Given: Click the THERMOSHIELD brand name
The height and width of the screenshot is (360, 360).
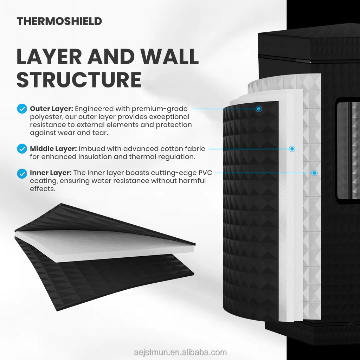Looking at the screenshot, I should [59, 21].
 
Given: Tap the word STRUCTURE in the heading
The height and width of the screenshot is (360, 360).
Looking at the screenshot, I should [79, 80].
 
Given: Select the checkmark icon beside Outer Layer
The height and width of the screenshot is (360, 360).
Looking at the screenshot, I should [22, 109].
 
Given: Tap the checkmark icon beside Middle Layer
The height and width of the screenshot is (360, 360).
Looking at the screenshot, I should [22, 149].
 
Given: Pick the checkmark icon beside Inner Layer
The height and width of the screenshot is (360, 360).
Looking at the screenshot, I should [22, 173].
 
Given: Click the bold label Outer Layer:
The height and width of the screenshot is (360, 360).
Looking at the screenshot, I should [51, 109].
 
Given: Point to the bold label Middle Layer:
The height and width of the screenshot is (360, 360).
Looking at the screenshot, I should [53, 149].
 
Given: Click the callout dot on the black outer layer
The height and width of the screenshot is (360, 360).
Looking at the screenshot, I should [259, 109].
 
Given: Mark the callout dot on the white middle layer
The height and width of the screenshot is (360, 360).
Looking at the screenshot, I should [292, 149].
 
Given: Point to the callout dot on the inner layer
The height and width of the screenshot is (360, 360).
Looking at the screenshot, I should [315, 173].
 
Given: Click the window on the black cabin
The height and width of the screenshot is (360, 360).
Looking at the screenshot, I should [348, 151].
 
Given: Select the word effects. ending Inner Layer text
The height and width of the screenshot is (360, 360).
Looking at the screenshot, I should [43, 189].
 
